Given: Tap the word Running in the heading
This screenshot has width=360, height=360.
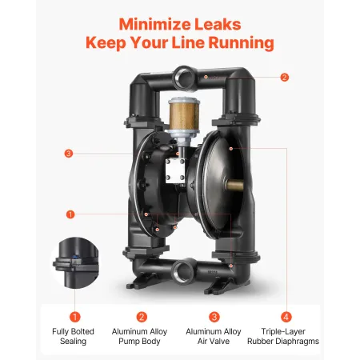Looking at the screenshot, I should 238,41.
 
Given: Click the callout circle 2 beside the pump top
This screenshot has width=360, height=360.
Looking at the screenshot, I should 284,78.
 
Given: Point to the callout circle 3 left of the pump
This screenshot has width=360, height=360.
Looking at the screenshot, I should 70,154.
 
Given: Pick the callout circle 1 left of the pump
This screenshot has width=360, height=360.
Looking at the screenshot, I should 70,214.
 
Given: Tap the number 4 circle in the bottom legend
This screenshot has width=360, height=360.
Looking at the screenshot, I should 287,317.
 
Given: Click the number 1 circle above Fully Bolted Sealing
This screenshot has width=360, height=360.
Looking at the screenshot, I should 74,317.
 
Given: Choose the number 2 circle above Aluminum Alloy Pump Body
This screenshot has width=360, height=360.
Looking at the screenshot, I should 142,317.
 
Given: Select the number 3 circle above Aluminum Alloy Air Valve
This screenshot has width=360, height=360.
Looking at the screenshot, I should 214,317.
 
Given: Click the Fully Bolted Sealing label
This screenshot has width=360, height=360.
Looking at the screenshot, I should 74,335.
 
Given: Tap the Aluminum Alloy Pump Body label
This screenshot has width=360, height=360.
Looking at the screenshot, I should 142,335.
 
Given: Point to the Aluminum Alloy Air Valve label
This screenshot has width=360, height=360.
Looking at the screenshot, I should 214,335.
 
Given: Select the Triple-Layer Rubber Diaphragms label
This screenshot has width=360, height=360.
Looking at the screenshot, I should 287,335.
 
